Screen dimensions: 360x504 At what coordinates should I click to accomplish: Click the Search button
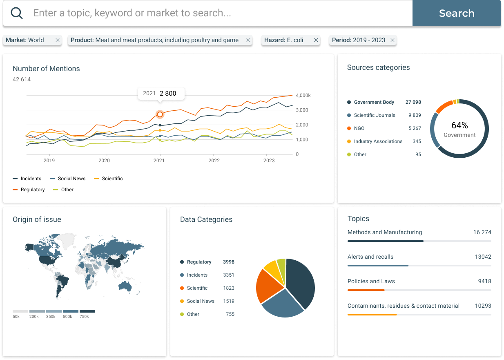point(457,13)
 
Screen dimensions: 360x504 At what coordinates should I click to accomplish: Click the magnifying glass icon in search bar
point(17,13)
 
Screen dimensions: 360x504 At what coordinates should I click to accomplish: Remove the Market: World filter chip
point(58,40)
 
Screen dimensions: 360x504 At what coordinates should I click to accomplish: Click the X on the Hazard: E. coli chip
point(316,40)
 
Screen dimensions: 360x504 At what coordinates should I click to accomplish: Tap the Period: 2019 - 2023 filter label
point(358,40)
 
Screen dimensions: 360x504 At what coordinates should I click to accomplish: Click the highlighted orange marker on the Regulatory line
point(160,114)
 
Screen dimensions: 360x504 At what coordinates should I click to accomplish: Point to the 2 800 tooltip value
point(168,94)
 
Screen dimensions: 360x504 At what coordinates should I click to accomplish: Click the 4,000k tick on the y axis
point(303,96)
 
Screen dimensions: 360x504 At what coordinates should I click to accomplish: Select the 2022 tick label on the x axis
point(214,161)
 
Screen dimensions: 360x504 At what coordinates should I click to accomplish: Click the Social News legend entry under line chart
point(71,179)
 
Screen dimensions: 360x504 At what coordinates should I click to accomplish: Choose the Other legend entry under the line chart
point(67,190)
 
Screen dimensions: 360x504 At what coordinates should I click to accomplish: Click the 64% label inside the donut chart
point(459,125)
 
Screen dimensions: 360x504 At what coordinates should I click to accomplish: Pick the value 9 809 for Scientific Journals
point(415,115)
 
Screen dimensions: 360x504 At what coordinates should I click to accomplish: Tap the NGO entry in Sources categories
point(359,128)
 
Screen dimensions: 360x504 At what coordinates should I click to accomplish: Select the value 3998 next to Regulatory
point(229,262)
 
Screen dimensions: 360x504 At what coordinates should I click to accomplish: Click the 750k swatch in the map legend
point(87,311)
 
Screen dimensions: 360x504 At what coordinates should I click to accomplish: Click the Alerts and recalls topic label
point(370,257)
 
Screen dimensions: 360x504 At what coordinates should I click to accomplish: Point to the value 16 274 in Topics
point(482,232)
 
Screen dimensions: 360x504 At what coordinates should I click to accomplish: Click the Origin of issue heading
point(37,219)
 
